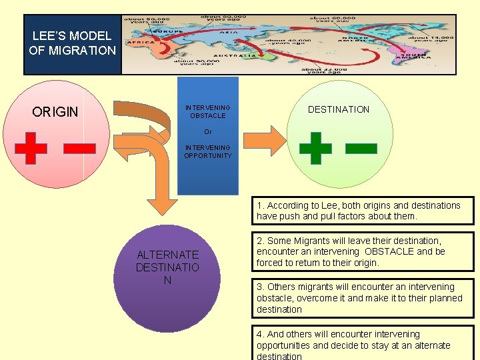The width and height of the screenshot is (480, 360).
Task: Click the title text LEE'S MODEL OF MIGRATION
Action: (x=72, y=43)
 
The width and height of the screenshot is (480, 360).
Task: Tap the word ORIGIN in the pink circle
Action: (x=55, y=112)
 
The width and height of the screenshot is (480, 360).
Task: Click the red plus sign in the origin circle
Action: (x=31, y=147)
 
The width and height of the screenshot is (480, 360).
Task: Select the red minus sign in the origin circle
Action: (x=79, y=147)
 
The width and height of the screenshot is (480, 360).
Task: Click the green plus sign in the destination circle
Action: (x=315, y=147)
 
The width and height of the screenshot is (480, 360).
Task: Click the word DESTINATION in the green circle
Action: (x=339, y=109)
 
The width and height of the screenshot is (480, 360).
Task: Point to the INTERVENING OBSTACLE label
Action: (x=208, y=111)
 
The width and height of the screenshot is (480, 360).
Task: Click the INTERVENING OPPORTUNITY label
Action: (x=208, y=151)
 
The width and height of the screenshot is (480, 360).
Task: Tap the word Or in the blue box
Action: (x=208, y=132)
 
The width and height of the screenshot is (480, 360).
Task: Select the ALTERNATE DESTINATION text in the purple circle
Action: (x=167, y=267)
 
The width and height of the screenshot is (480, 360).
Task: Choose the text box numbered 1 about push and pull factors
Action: (x=363, y=211)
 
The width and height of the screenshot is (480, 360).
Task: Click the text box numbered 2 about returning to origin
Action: (x=363, y=251)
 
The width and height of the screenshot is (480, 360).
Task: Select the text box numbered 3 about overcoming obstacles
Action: (x=363, y=298)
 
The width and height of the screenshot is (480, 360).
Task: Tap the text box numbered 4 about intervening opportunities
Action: (x=363, y=344)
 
